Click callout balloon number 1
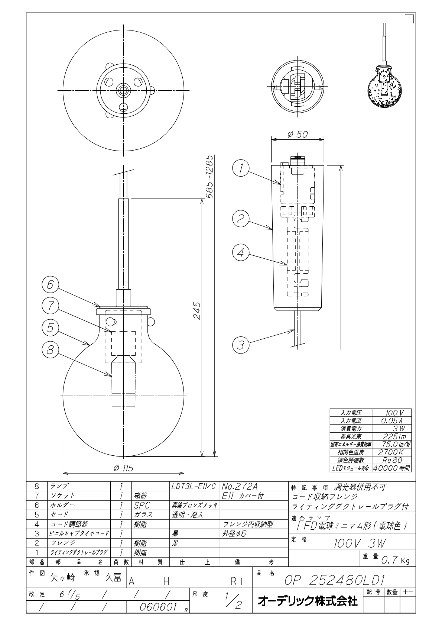pos(241,168)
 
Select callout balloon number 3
pos(241,345)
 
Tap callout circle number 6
pos(50,285)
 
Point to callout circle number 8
pos(50,349)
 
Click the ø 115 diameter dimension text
pos(124,468)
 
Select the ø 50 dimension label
pos(298,135)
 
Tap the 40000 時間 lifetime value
pos(391,468)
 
